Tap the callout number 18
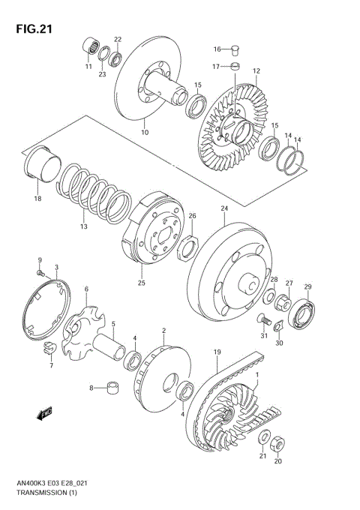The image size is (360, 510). click(37, 199)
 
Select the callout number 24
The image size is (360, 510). click(223, 208)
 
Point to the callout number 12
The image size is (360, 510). click(256, 71)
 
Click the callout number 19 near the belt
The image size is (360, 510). click(216, 352)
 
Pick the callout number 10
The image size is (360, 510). click(145, 133)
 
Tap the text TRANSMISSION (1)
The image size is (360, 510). click(47, 492)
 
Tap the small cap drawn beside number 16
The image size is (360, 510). click(234, 50)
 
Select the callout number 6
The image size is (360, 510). click(86, 289)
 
